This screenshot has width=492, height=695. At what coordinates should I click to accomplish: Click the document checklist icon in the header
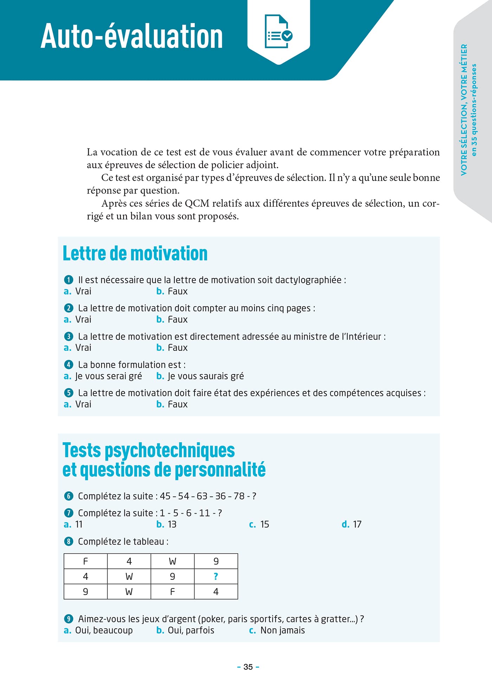pos(278,32)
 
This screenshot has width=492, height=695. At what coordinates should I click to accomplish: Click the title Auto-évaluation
pos(132,36)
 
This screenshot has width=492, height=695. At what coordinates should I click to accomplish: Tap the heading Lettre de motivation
pos(135,253)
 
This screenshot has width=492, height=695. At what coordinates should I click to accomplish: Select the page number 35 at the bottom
pos(248,667)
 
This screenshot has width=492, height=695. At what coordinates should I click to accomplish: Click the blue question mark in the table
pos(216,576)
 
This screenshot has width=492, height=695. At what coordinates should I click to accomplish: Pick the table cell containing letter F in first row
pos(85,561)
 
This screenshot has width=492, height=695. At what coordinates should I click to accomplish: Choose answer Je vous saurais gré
pos(205,376)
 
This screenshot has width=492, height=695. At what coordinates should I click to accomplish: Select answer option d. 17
pos(352,525)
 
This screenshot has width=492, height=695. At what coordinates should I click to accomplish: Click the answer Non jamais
pos(282,630)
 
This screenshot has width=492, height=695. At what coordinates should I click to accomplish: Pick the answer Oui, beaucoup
pos(104,630)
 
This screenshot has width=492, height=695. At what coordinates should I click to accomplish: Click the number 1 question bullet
pos(69,280)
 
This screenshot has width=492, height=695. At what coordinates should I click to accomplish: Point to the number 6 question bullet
pos(69,496)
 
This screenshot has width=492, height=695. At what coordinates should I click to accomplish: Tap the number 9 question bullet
pos(69,619)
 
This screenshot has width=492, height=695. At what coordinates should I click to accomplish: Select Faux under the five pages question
pos(177,320)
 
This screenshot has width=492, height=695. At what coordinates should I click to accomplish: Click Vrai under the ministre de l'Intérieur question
pos(83,348)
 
